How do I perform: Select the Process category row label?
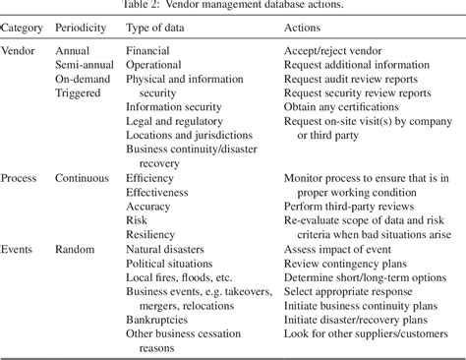point(23,179)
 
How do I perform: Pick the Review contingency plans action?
point(346,265)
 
